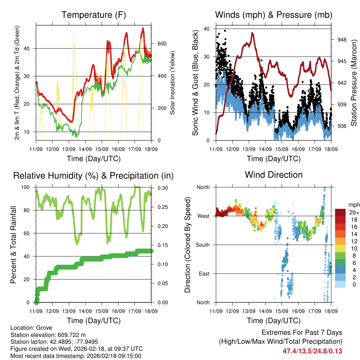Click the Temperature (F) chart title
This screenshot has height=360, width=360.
click(93, 15)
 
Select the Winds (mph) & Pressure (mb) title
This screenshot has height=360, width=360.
click(274, 15)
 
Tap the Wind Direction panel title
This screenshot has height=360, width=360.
click(274, 175)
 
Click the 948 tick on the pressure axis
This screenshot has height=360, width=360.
click(342, 40)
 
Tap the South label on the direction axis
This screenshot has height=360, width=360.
click(203, 245)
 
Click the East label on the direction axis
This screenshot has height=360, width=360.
click(204, 274)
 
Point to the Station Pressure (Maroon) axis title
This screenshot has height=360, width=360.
click(354, 83)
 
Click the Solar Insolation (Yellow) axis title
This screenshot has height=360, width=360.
click(173, 83)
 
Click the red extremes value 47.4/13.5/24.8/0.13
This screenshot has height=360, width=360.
click(312, 351)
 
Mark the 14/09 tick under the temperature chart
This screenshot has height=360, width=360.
click(85, 149)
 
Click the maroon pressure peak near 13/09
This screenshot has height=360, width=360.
click(252, 33)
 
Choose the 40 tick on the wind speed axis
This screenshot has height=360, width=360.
click(207, 29)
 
